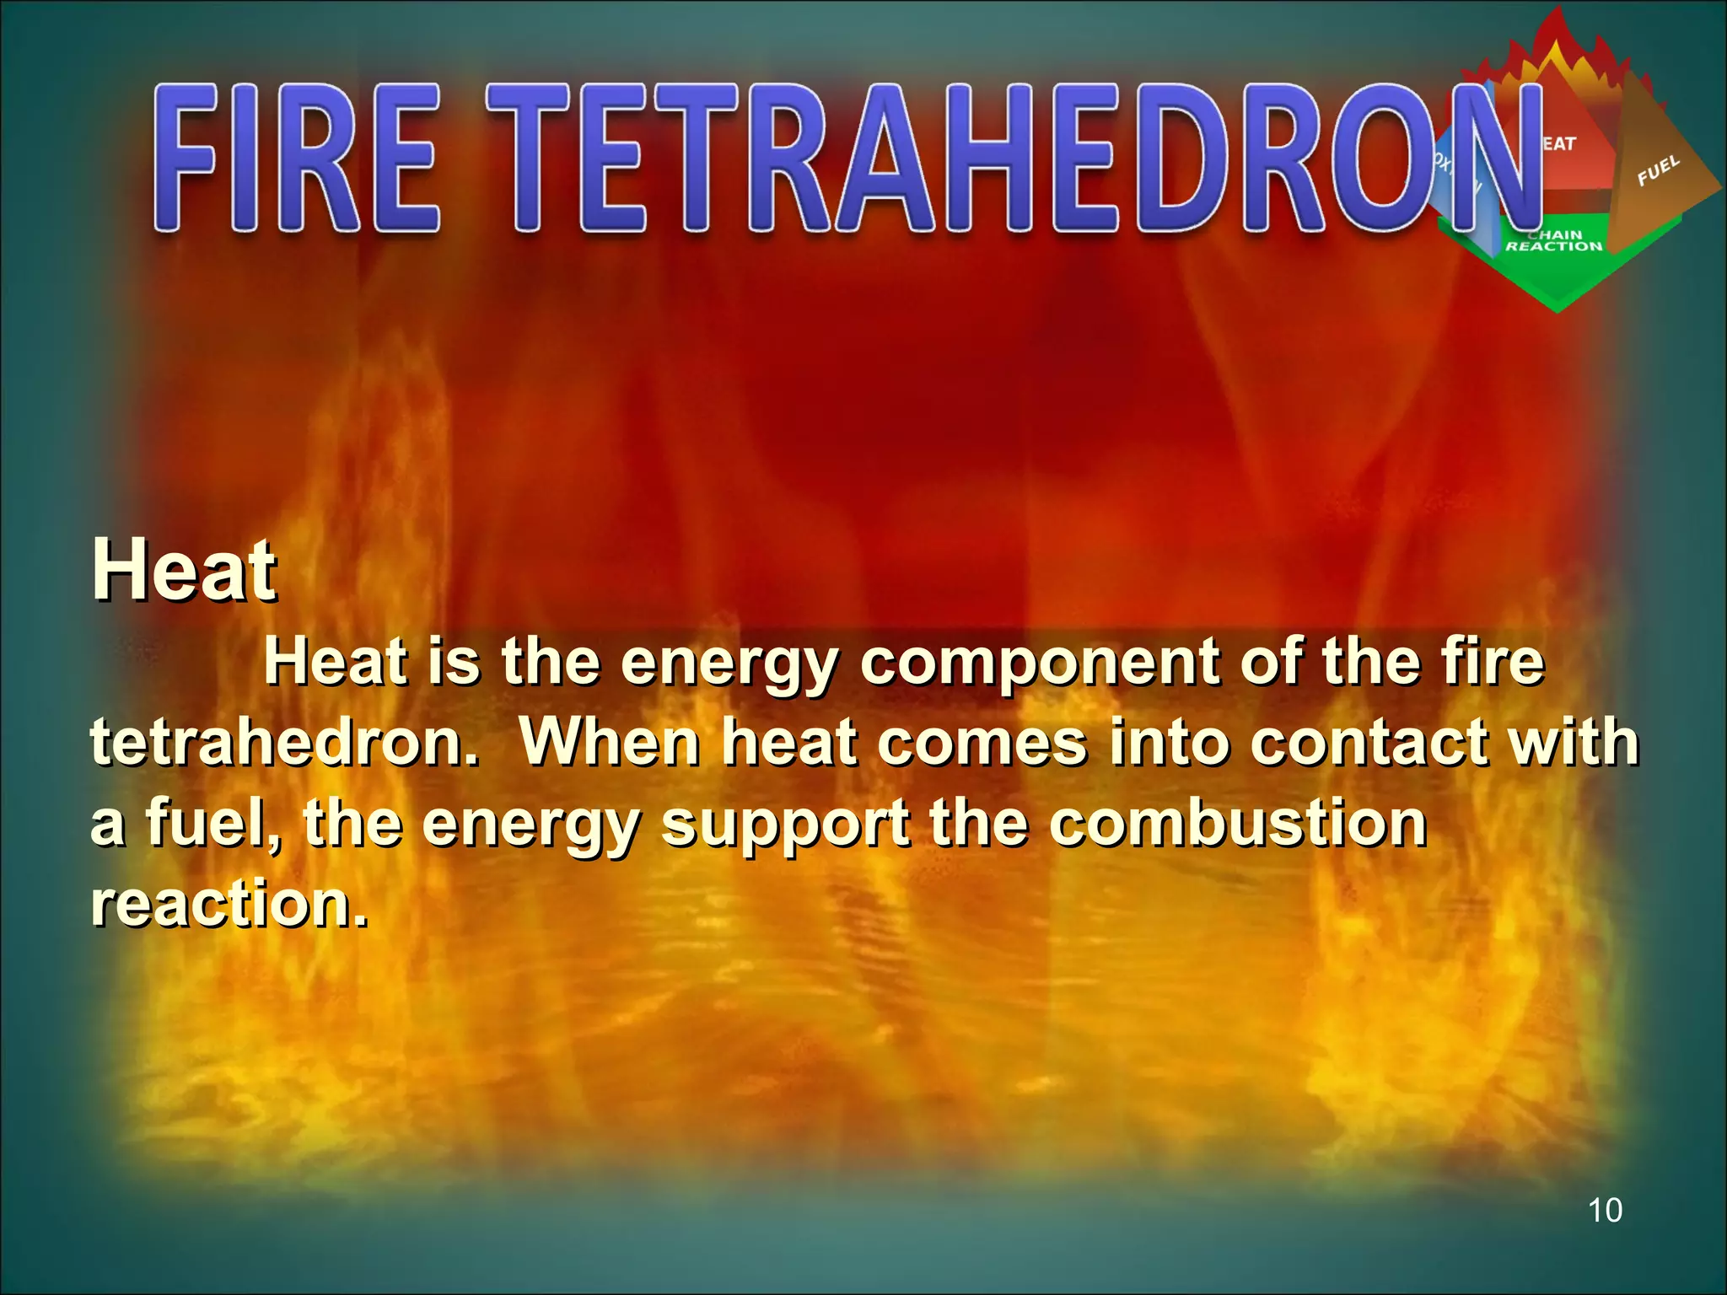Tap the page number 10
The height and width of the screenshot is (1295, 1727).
click(1604, 1211)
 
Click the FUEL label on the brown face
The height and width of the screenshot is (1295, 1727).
click(1659, 170)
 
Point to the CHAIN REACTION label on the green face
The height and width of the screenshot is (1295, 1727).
click(1554, 241)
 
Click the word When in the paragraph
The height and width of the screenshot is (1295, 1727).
click(611, 743)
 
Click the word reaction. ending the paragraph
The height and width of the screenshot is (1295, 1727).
click(229, 903)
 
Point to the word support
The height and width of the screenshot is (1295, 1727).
click(785, 825)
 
